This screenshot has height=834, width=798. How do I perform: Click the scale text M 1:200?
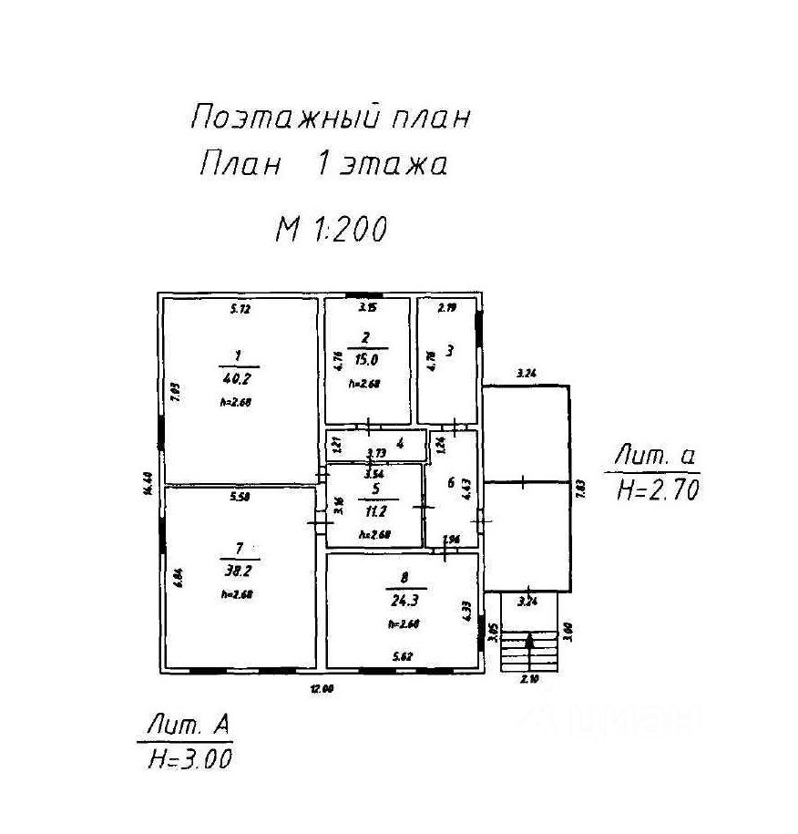tap(332, 229)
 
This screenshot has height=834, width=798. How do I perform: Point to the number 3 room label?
tap(450, 350)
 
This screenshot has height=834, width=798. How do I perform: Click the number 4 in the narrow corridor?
tap(400, 443)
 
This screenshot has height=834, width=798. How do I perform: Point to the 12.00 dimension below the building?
tap(321, 690)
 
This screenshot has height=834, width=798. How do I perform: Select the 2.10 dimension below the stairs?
tap(529, 680)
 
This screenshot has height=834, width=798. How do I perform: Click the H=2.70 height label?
tap(657, 491)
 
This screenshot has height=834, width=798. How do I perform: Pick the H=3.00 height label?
tap(190, 758)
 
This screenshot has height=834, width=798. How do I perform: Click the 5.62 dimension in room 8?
tap(403, 655)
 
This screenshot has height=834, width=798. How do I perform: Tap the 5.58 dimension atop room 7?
tap(240, 496)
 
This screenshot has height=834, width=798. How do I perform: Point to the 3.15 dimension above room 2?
tap(366, 309)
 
